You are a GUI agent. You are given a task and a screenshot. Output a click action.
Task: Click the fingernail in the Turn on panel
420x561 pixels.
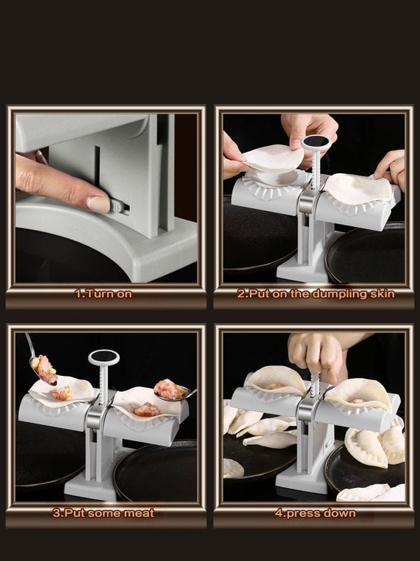pos(98,204)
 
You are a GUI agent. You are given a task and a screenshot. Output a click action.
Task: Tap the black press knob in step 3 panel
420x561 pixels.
pos(104,358)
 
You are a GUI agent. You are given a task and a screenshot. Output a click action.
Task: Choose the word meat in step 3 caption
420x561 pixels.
pos(138,513)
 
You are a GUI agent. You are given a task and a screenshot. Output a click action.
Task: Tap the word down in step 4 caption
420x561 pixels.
pos(338,513)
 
